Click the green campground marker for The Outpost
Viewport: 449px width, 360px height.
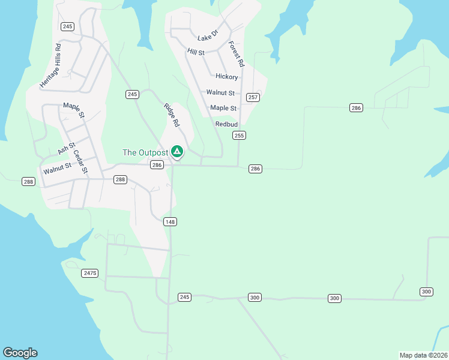[x=177, y=152]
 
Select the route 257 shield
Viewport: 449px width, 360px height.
[x=253, y=97]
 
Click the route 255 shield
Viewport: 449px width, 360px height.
[x=240, y=136]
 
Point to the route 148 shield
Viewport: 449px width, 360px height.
[x=170, y=222]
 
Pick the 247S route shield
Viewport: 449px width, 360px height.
[x=89, y=273]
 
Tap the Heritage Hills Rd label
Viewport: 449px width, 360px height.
[x=50, y=66]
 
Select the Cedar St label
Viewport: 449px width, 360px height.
[x=80, y=161]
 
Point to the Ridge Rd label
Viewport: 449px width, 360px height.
[x=172, y=115]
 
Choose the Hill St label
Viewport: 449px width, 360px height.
[x=196, y=52]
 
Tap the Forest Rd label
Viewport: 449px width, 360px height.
[x=237, y=54]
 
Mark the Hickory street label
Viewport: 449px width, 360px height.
[x=227, y=77]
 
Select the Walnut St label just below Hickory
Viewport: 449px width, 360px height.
[x=220, y=92]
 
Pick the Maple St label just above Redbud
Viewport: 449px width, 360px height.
[x=223, y=108]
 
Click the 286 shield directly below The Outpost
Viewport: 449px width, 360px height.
[x=157, y=165]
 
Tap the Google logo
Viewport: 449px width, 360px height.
[x=20, y=353]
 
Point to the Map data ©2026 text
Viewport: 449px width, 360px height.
[x=423, y=355]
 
